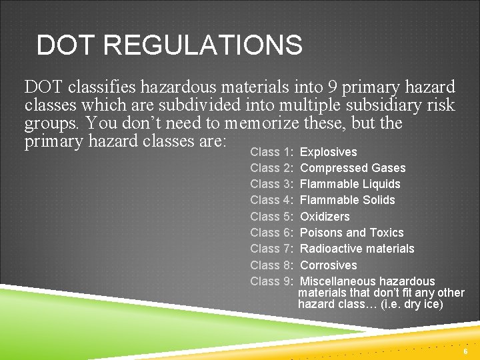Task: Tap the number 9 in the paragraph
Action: pos(333,87)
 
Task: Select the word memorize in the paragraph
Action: pos(262,124)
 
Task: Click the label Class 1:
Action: pos(273,152)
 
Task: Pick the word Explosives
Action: pos(329,152)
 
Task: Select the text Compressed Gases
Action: pos(353,168)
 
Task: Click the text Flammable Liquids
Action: pos(350,184)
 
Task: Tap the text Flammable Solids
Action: pos(347,200)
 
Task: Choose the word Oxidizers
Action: pos(325,217)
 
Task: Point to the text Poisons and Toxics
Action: pos(352,233)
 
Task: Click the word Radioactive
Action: pos(329,249)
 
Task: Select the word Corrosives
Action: pos(329,265)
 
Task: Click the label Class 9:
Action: pos(273,281)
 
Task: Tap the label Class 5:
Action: pos(273,217)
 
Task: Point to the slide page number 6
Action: pos(465,351)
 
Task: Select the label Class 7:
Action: pos(273,249)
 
